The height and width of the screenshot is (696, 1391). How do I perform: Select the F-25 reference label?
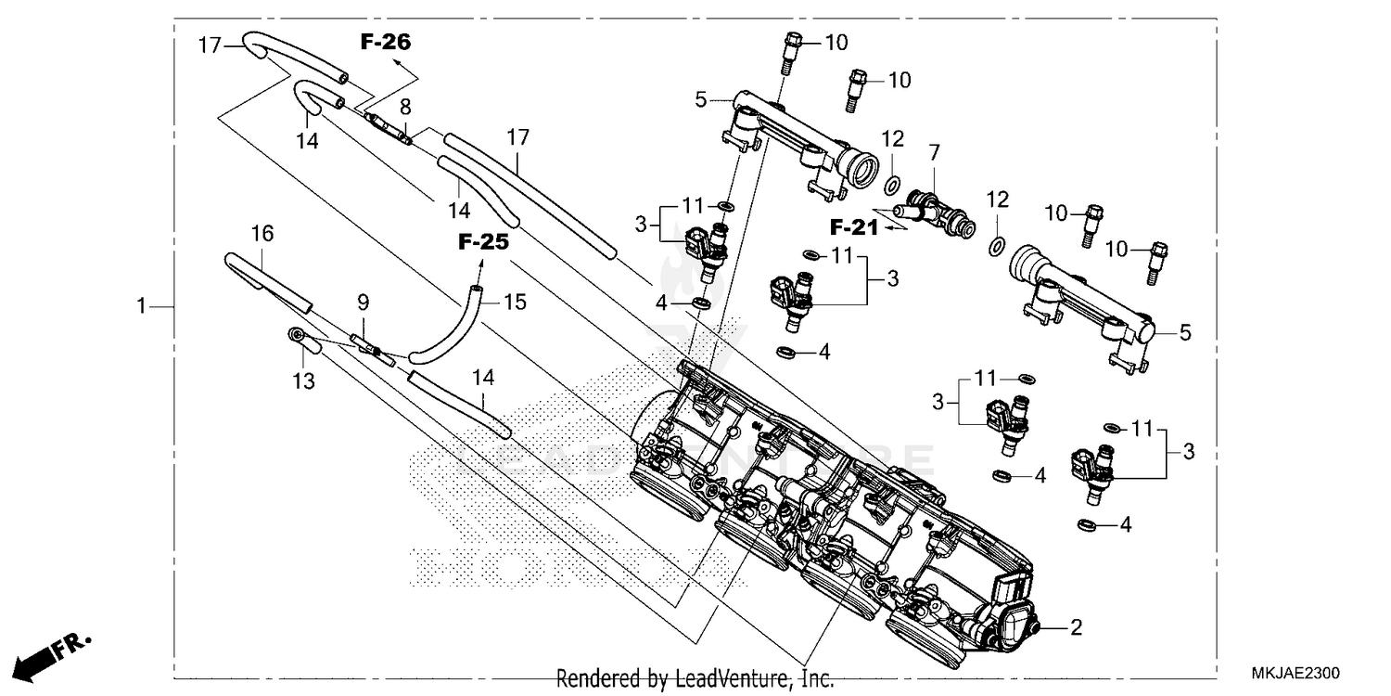[483, 242]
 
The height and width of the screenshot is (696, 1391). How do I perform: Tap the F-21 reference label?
[853, 226]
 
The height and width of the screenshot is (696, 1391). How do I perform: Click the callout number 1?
[142, 306]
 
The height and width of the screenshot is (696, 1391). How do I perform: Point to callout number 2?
[1076, 628]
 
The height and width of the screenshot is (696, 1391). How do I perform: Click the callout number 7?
[934, 149]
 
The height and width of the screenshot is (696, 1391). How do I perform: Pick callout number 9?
[363, 302]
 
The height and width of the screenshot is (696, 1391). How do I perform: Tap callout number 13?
[304, 380]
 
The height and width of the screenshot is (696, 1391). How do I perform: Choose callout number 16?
[262, 234]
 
